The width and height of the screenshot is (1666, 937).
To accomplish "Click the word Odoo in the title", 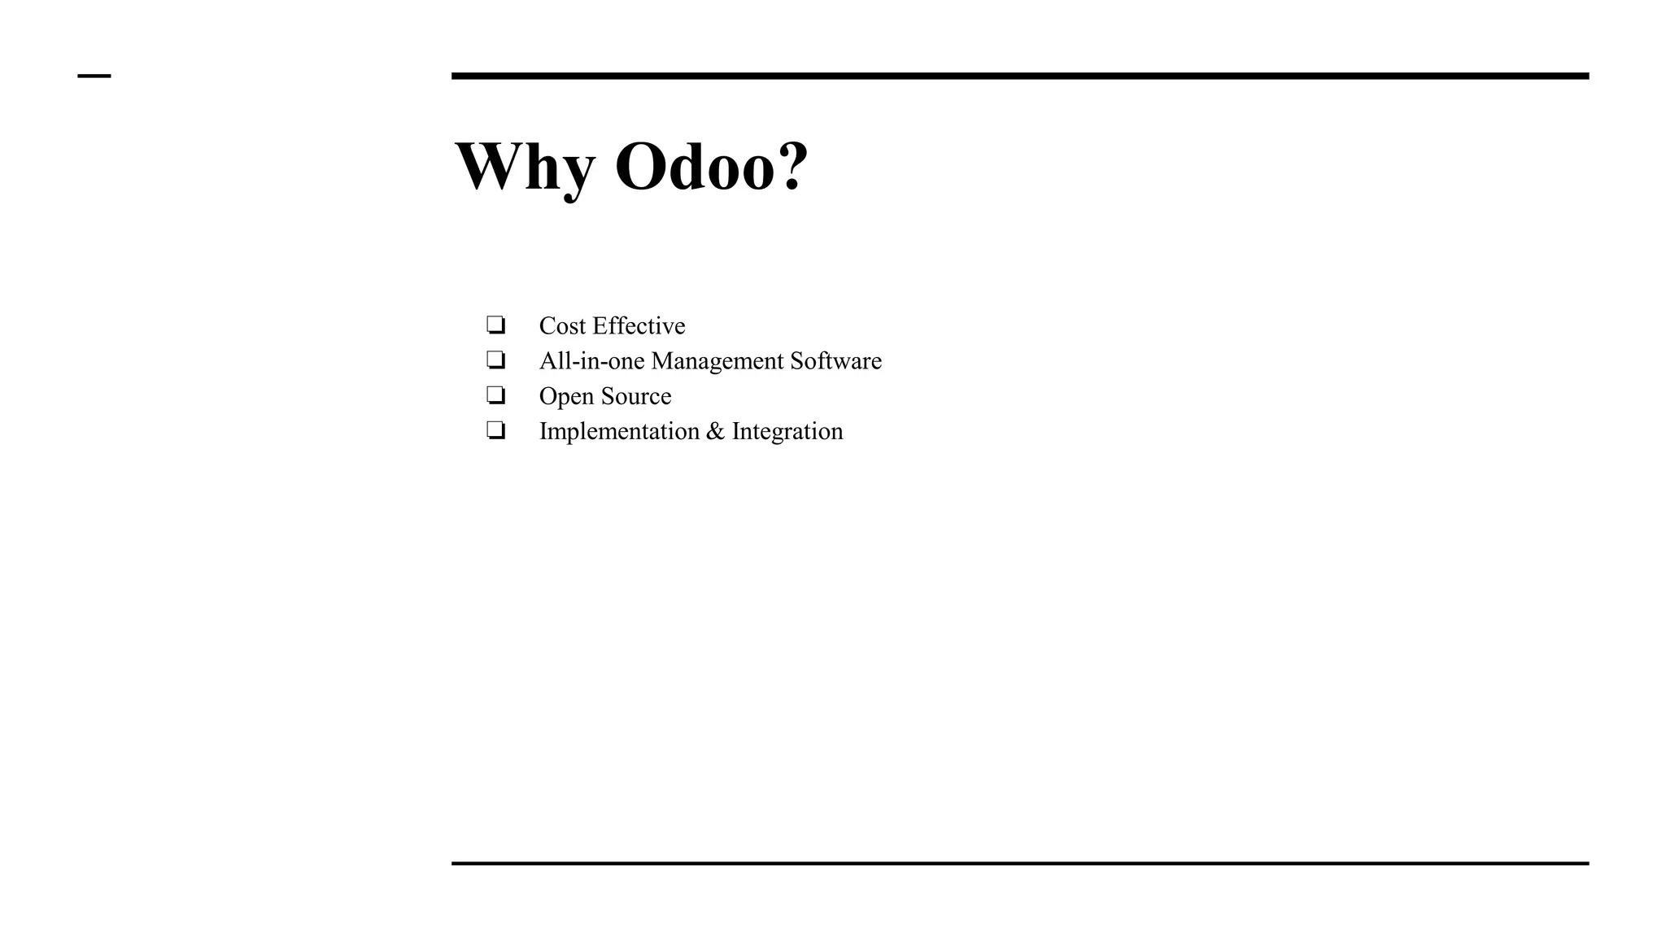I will pyautogui.click(x=693, y=167).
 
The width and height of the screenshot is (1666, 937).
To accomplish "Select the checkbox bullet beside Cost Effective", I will pyautogui.click(x=495, y=325).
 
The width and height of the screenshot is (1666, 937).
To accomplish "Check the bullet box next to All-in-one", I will pyautogui.click(x=495, y=360).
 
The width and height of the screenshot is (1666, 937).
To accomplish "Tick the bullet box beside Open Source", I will pyautogui.click(x=495, y=395).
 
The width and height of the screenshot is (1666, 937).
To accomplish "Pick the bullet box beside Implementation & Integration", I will pyautogui.click(x=495, y=430).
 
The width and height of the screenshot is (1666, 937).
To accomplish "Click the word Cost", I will pyautogui.click(x=562, y=326).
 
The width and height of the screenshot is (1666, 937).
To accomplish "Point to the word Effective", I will pyautogui.click(x=639, y=326).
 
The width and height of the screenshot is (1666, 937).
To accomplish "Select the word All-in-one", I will pyautogui.click(x=591, y=361).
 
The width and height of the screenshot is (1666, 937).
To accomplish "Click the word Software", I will pyautogui.click(x=835, y=361).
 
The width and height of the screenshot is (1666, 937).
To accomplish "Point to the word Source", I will pyautogui.click(x=635, y=396).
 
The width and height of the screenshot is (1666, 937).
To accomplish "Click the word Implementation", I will pyautogui.click(x=619, y=432).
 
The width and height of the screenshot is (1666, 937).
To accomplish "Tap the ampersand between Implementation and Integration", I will pyautogui.click(x=715, y=431).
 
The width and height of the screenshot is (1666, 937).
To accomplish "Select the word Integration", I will pyautogui.click(x=787, y=432).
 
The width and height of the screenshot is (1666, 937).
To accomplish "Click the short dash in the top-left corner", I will pyautogui.click(x=94, y=76).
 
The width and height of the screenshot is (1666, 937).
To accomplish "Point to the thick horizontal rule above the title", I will pyautogui.click(x=1019, y=76).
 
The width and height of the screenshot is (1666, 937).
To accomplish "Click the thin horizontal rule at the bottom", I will pyautogui.click(x=1019, y=863).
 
